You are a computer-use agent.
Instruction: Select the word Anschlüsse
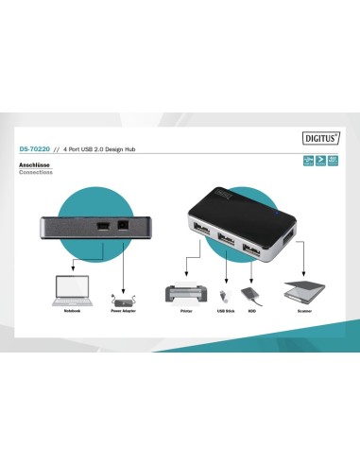[x=34, y=166]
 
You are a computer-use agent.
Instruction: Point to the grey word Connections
[x=36, y=173]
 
